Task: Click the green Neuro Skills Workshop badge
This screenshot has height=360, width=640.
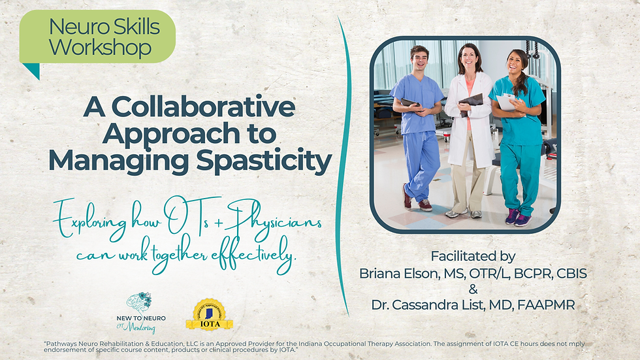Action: pos(98,37)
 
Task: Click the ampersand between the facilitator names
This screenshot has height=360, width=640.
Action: pos(473,289)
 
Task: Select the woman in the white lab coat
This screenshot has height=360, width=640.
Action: pos(468,131)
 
